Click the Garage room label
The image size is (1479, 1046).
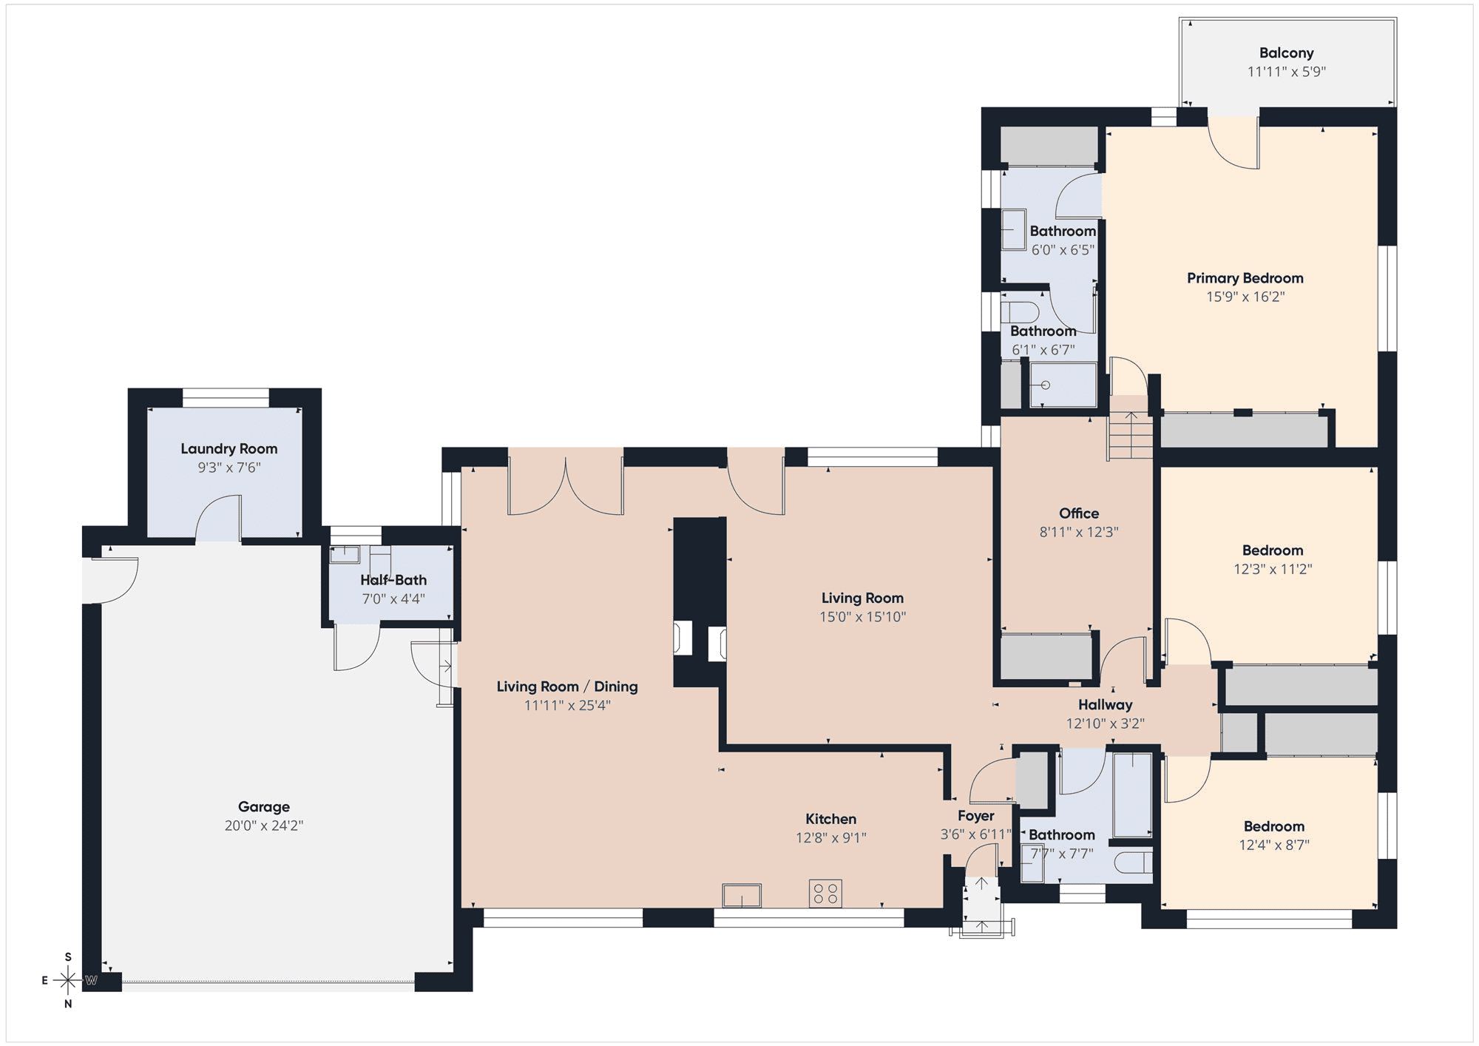click(264, 806)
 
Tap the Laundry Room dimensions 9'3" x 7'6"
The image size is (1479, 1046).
click(229, 468)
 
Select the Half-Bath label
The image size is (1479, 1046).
click(393, 580)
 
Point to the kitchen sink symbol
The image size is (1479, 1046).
click(742, 895)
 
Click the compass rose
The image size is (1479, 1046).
click(68, 981)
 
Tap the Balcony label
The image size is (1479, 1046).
click(1287, 53)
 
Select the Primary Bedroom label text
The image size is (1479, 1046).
click(1245, 278)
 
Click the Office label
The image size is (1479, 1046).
click(1079, 513)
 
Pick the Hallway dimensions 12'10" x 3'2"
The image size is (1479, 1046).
click(1106, 723)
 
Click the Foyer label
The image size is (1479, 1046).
click(975, 816)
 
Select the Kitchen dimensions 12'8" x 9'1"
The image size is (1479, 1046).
click(831, 837)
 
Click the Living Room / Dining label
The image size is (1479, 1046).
click(567, 686)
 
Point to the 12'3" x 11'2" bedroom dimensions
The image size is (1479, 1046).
click(1273, 569)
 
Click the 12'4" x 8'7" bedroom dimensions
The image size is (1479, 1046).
click(1274, 845)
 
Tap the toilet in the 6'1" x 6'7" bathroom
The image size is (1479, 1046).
click(1020, 311)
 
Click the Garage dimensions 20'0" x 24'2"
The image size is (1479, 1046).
click(264, 826)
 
